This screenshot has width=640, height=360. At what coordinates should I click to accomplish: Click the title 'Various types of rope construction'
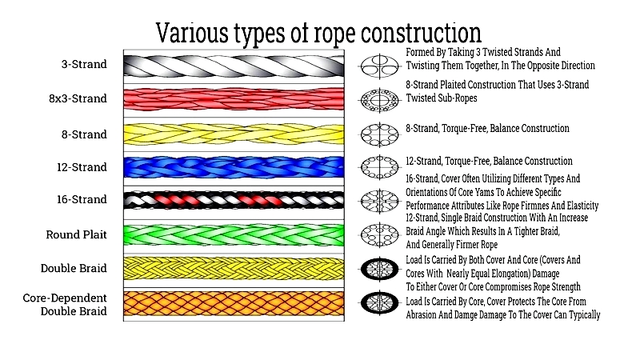318,33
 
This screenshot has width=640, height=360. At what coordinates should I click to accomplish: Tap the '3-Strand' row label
84,64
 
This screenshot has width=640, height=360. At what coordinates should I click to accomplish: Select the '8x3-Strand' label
78,98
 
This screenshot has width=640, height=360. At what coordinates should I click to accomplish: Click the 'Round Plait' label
76,234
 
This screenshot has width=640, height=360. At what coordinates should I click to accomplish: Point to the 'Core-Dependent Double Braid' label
65,305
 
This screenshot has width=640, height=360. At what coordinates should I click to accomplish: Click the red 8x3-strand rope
234,99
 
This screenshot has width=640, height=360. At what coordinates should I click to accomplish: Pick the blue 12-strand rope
234,167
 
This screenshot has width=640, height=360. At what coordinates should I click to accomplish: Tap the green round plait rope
234,234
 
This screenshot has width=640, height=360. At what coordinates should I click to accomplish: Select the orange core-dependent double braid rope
234,304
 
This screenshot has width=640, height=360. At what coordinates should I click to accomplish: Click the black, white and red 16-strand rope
234,200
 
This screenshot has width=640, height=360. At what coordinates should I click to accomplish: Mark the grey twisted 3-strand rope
234,66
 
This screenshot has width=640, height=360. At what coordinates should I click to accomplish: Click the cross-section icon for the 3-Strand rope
379,66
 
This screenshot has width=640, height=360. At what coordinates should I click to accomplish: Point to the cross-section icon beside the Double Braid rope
379,269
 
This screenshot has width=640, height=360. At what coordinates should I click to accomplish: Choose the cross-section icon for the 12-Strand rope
379,167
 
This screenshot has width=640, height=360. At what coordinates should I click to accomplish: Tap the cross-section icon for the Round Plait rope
379,235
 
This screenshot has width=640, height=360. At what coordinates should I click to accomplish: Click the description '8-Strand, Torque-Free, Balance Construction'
487,129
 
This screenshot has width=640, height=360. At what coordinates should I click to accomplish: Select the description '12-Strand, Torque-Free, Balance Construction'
489,162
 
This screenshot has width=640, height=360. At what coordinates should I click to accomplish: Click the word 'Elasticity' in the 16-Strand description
578,206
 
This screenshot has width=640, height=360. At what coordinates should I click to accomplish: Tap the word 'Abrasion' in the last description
423,315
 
